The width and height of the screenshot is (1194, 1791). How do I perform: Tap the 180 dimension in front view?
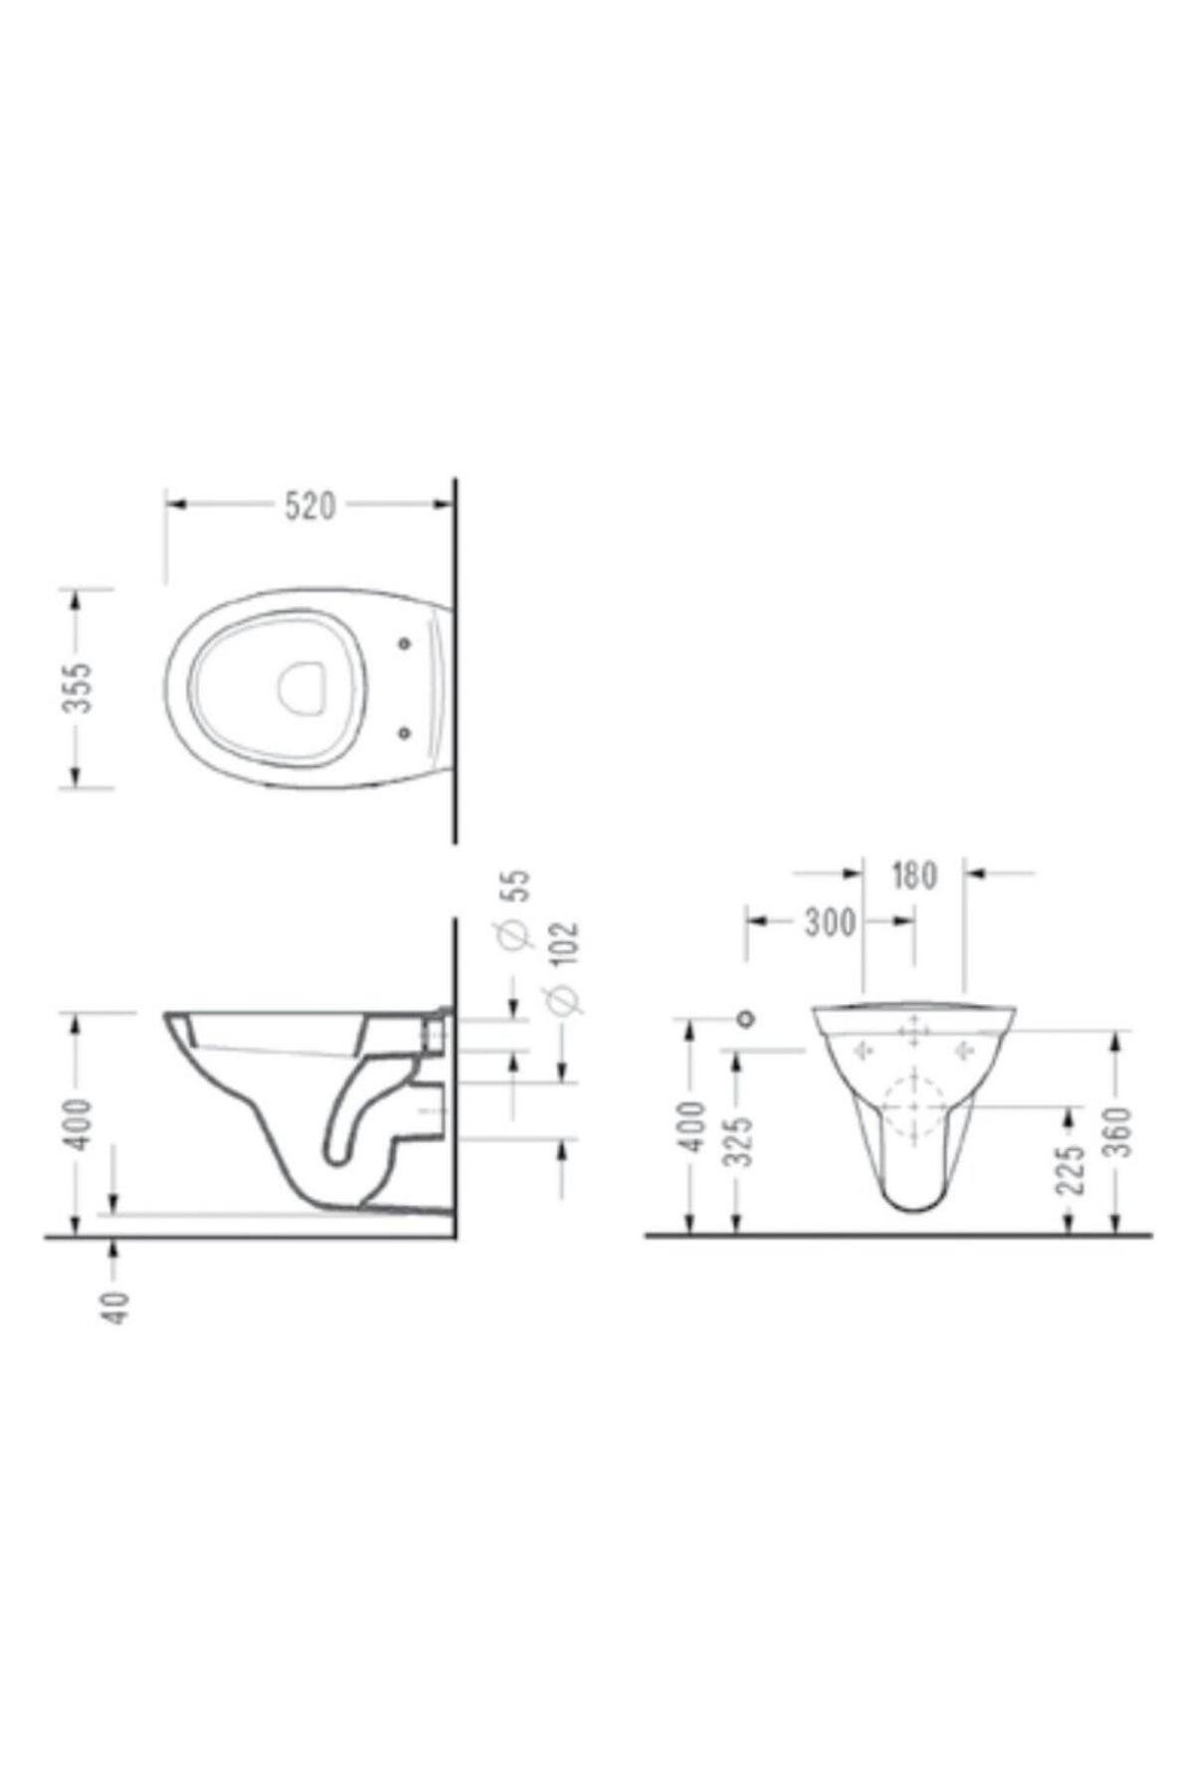click(x=913, y=875)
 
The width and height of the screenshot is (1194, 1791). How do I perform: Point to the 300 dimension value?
click(x=829, y=922)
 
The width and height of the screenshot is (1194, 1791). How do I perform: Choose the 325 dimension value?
click(x=738, y=1139)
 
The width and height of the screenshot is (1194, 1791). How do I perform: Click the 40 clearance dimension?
click(x=117, y=1305)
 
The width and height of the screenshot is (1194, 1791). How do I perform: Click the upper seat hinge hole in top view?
click(x=404, y=644)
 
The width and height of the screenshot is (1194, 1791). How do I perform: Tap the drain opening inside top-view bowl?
click(x=301, y=688)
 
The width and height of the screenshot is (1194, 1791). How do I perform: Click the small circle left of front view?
click(x=745, y=1018)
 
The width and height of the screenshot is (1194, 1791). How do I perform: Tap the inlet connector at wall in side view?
click(x=436, y=1031)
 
